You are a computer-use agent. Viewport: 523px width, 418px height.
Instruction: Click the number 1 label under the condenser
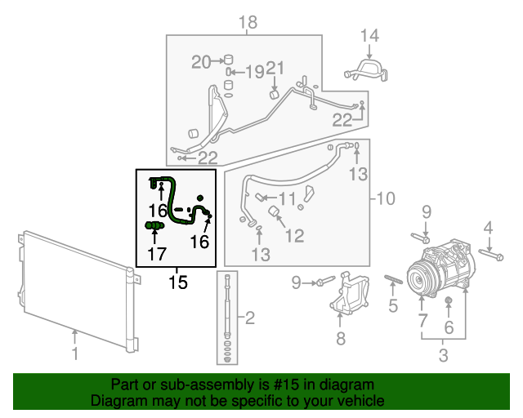click(74, 354)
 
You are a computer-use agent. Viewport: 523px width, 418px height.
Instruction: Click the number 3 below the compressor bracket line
click(444, 356)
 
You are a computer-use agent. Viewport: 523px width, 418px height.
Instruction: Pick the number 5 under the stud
click(393, 307)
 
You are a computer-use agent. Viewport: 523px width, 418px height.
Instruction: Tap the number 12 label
click(293, 236)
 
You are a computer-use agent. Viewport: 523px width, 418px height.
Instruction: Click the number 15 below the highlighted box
click(177, 282)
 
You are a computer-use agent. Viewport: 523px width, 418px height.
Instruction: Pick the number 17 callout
click(155, 254)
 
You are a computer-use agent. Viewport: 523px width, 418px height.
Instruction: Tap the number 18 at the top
click(248, 22)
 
